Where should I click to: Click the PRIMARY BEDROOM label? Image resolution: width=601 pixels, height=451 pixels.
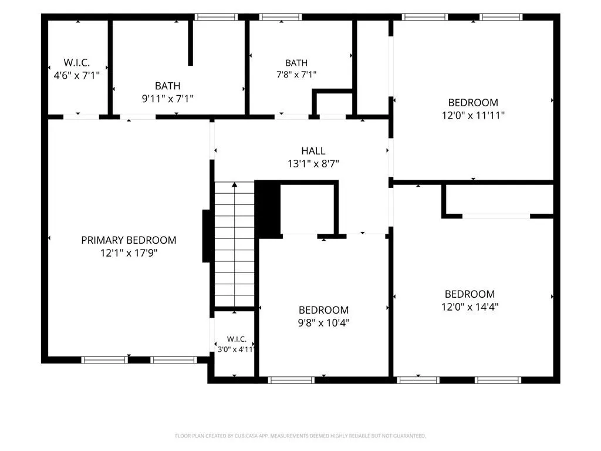(129, 240)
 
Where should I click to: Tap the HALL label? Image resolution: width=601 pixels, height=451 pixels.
(313, 151)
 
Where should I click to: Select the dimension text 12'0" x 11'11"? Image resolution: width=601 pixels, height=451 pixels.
(473, 115)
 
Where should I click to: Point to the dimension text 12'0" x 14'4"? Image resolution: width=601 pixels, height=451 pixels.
(470, 307)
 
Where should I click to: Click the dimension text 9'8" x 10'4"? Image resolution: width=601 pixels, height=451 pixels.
(323, 322)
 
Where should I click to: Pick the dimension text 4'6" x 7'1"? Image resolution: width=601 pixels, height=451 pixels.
(77, 75)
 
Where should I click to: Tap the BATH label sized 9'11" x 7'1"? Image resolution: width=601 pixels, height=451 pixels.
(167, 86)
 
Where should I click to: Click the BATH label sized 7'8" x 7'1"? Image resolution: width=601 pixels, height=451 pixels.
(296, 63)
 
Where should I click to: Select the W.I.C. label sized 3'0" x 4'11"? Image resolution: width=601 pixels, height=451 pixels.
(237, 339)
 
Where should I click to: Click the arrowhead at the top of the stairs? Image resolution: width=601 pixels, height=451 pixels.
(235, 185)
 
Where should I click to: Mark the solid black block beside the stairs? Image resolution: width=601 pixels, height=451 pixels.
(268, 209)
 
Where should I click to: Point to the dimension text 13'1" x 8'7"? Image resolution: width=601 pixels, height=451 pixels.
(313, 164)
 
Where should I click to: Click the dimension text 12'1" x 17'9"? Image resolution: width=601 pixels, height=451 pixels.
(129, 253)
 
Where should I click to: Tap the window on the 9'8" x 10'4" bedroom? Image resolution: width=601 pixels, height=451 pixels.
(291, 380)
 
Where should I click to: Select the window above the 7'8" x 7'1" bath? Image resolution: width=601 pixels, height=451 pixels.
(280, 17)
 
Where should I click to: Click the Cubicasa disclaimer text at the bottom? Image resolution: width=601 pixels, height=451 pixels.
(300, 436)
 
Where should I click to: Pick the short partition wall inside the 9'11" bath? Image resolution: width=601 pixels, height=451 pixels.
(190, 42)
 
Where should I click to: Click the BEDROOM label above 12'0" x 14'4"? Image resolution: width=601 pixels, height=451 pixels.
(470, 294)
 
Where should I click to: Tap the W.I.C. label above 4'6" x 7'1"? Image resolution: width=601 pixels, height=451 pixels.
(77, 62)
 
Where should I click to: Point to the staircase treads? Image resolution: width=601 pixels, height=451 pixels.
(234, 244)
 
